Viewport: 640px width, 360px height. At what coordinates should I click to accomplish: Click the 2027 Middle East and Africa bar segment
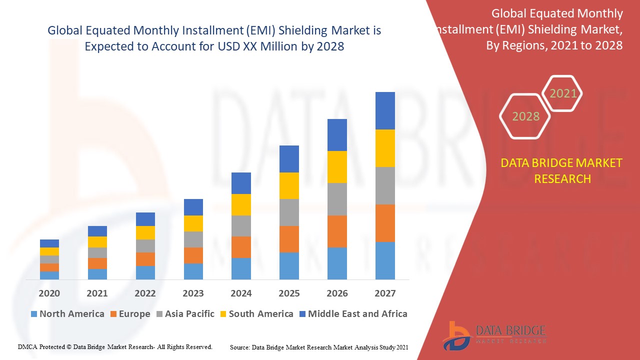385,110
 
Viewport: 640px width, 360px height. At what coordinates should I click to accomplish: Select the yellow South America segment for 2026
337,166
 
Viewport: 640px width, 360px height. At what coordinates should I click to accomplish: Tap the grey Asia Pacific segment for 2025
289,212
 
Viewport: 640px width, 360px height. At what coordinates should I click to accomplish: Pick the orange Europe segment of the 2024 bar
241,247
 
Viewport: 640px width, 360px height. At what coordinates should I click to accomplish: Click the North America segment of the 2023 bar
193,271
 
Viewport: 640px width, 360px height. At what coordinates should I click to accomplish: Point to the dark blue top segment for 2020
49,243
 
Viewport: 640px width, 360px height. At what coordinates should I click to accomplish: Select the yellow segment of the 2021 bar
97,242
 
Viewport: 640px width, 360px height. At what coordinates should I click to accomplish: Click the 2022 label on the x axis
145,293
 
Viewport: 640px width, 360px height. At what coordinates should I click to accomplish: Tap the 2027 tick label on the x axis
385,293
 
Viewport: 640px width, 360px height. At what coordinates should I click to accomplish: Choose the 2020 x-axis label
49,293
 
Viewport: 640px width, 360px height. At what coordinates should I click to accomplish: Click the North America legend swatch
34,314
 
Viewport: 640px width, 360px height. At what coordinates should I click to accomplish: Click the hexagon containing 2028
525,116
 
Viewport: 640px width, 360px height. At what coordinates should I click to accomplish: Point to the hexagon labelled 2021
563,93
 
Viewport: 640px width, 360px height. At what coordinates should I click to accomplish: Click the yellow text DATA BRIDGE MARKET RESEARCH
562,170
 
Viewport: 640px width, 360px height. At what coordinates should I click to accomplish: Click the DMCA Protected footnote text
115,346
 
